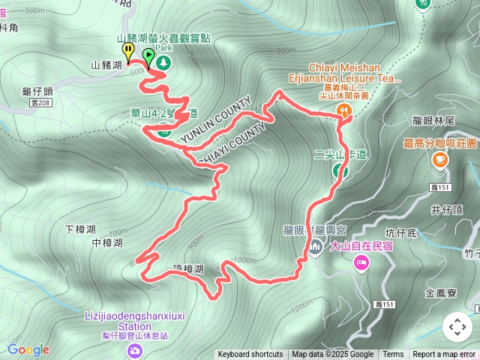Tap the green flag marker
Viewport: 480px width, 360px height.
148,56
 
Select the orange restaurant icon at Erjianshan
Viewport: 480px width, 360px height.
345,109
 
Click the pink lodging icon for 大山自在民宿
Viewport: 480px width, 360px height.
361,262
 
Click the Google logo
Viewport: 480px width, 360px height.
28,349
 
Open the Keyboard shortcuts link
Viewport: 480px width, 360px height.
250,355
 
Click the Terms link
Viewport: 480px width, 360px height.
393,355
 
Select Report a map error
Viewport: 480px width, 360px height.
444,355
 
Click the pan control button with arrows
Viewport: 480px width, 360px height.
457,327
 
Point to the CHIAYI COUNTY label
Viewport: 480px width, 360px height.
234,142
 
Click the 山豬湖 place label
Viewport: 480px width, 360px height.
106,66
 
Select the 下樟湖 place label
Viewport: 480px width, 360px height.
80,229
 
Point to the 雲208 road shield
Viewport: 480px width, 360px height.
41,103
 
